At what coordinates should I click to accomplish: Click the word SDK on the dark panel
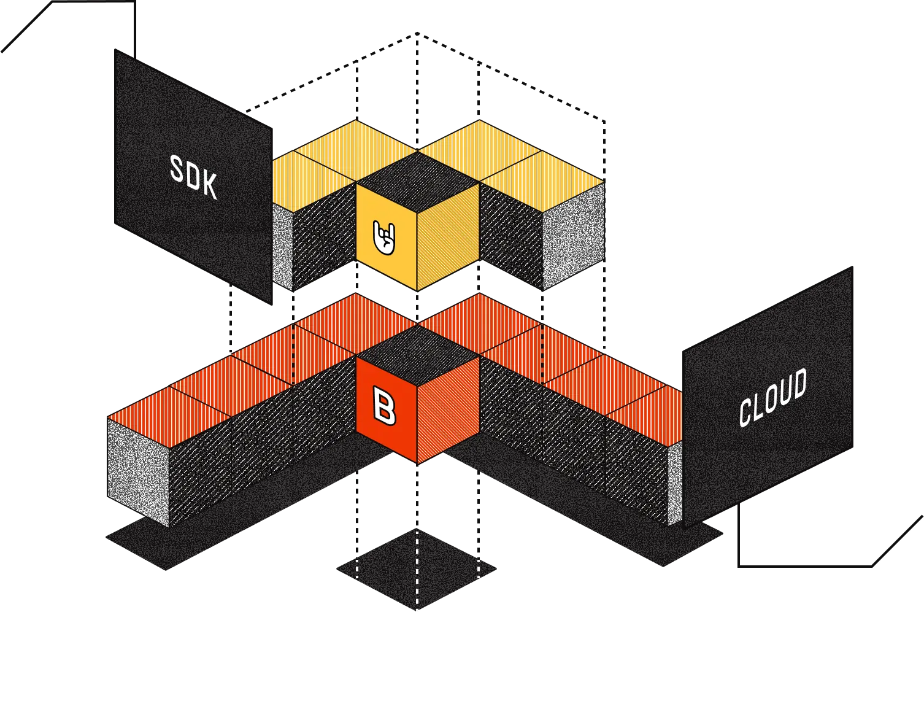(x=193, y=177)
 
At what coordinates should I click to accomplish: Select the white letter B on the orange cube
(x=385, y=406)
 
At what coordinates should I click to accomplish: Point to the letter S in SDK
(x=177, y=169)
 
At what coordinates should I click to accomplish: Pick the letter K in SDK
(x=210, y=186)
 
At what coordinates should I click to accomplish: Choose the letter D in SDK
(x=193, y=177)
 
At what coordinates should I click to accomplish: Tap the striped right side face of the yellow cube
(x=447, y=237)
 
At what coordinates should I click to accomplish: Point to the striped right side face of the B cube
(x=448, y=409)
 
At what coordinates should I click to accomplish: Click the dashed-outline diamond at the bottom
(x=417, y=570)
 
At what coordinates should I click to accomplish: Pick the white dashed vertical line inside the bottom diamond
(x=417, y=571)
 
